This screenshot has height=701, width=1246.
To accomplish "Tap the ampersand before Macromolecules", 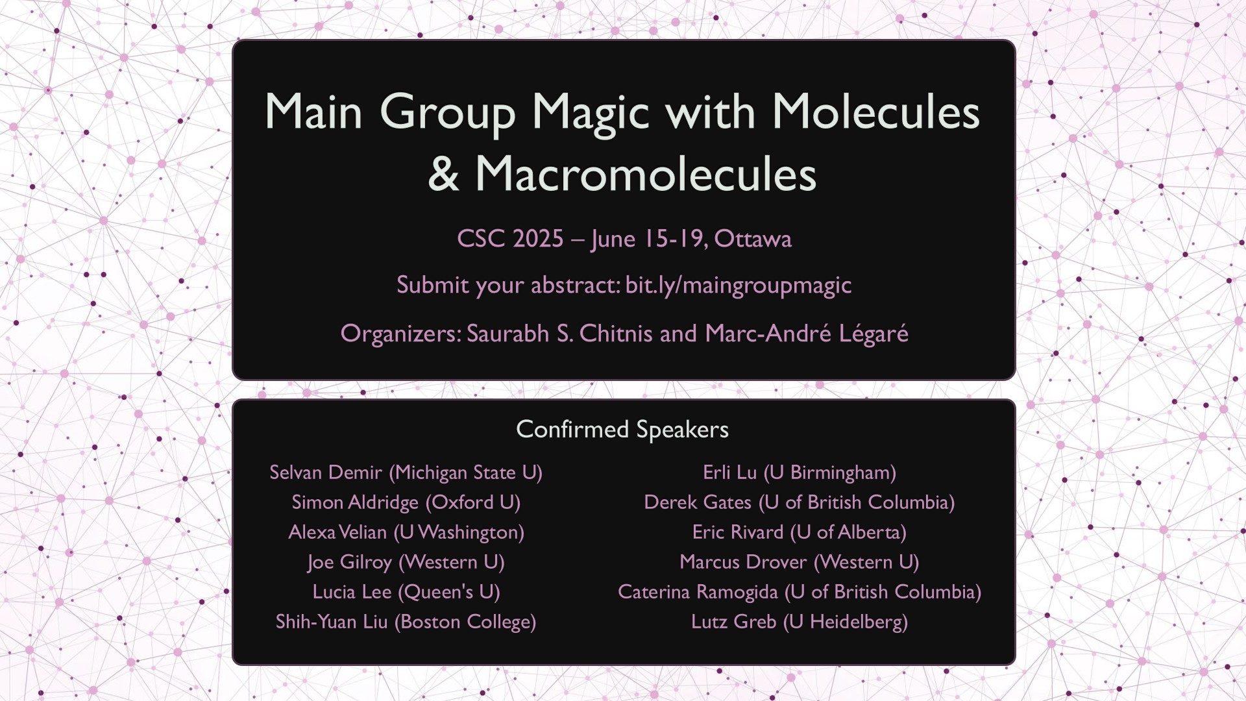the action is pyautogui.click(x=444, y=174).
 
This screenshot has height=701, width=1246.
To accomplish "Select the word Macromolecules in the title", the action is pyautogui.click(x=646, y=174).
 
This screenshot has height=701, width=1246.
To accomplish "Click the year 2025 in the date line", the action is pyautogui.click(x=537, y=239).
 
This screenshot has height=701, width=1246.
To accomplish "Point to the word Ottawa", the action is pyautogui.click(x=753, y=239).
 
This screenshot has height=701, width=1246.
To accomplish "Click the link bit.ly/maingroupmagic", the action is pyautogui.click(x=738, y=286).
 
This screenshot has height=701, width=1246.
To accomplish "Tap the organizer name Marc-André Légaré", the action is pyautogui.click(x=807, y=334).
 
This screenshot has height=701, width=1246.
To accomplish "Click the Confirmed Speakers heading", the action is pyautogui.click(x=622, y=430).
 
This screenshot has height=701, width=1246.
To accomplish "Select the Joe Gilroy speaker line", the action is pyautogui.click(x=406, y=562).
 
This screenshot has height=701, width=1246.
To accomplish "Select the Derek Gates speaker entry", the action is pyautogui.click(x=800, y=502).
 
